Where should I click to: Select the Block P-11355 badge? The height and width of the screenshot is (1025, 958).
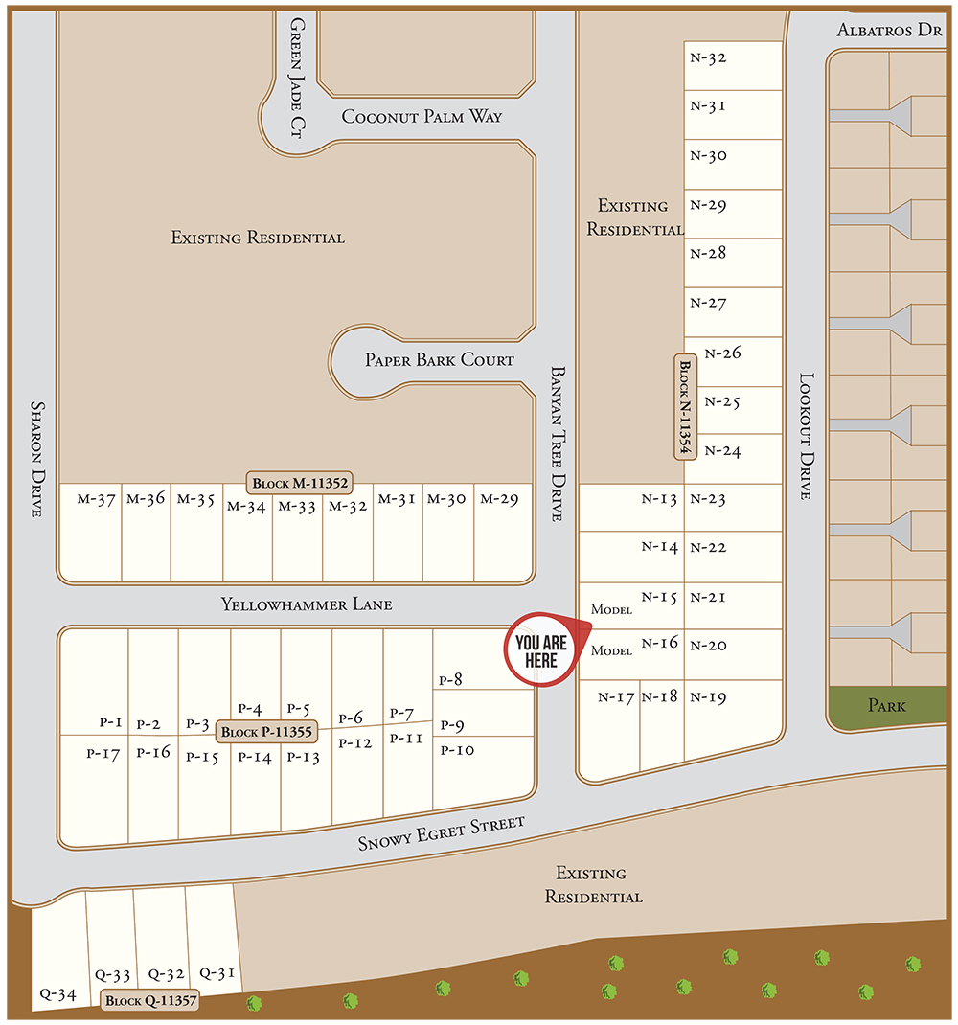click(266, 733)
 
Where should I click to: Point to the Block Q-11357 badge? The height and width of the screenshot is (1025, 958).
click(151, 1002)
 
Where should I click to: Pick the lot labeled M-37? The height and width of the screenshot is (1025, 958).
click(91, 532)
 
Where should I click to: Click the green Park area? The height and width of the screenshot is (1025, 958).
click(886, 707)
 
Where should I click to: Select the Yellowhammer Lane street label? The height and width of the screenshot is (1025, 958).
click(307, 605)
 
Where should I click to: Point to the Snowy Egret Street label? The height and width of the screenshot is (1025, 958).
click(442, 833)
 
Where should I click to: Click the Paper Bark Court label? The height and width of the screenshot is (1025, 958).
click(439, 361)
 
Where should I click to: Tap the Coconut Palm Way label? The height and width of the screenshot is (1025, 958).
click(422, 117)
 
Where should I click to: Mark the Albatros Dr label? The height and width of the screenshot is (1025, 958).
click(890, 31)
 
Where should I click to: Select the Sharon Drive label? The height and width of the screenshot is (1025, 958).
click(37, 459)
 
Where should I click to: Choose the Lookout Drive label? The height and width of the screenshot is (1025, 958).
click(806, 436)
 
